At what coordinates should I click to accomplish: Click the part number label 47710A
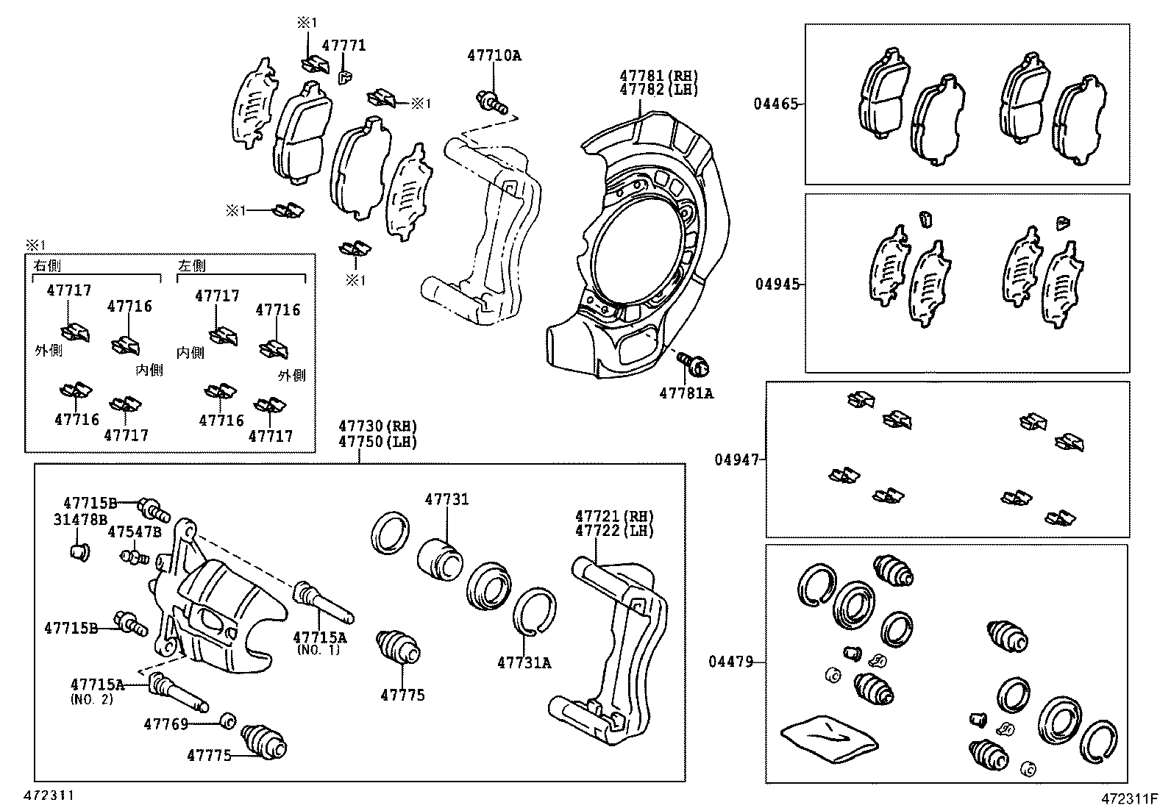click(494, 55)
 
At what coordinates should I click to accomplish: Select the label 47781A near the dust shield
click(686, 393)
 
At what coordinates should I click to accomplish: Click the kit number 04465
click(775, 104)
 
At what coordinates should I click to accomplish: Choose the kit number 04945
click(777, 284)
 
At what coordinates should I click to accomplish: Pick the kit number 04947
click(737, 460)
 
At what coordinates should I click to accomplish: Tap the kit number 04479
click(731, 662)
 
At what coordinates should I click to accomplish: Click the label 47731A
click(524, 662)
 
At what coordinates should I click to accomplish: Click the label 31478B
click(80, 519)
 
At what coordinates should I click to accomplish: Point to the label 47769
click(166, 724)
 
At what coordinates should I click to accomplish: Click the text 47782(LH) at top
click(658, 90)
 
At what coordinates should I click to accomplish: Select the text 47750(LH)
click(377, 442)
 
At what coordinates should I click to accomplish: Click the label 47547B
click(135, 532)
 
